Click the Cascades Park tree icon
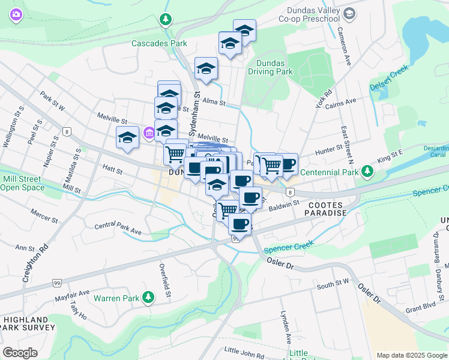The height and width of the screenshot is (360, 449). [165, 20]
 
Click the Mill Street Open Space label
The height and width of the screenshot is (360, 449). [23, 183]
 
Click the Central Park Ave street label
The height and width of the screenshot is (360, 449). [118, 230]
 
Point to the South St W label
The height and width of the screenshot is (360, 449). [333, 283]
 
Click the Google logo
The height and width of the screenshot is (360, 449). [20, 353]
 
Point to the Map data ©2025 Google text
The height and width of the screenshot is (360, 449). [412, 355]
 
